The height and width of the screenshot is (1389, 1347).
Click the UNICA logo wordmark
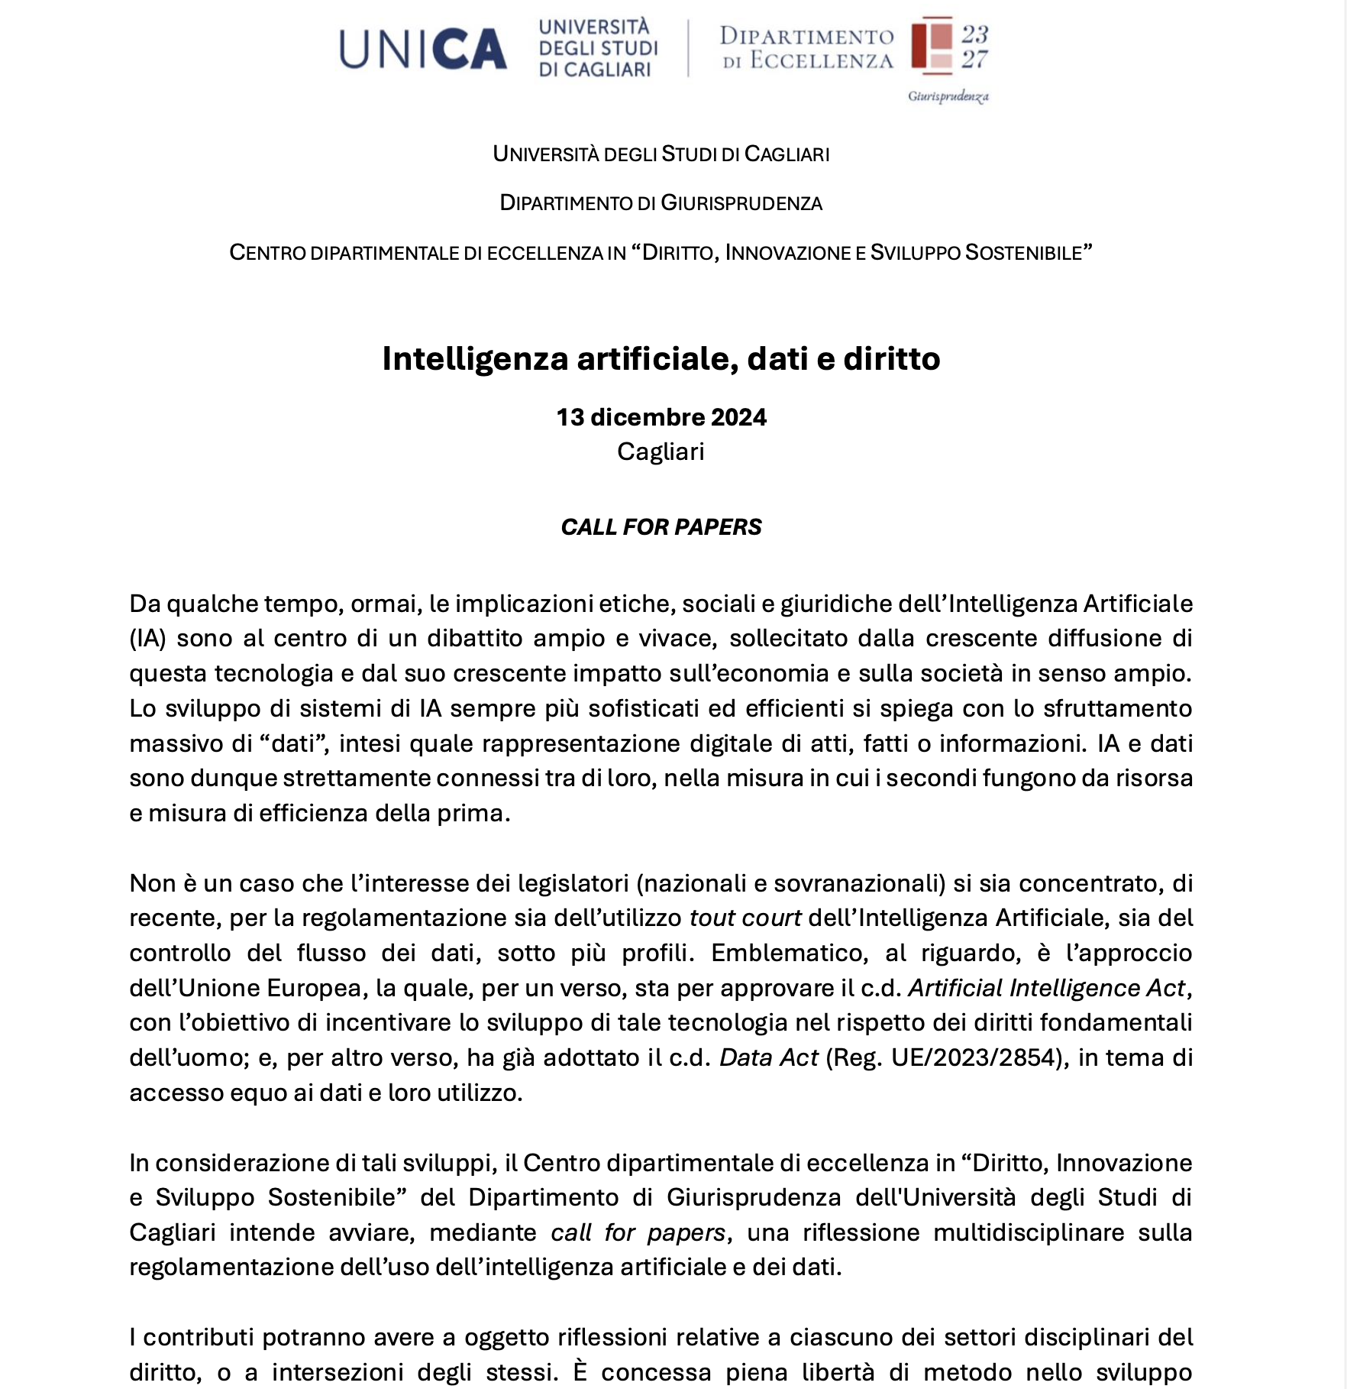(x=422, y=49)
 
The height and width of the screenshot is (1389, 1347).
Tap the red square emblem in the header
(x=932, y=45)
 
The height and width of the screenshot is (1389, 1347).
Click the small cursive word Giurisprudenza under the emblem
(x=948, y=96)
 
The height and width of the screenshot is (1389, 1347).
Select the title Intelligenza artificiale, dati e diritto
(x=661, y=358)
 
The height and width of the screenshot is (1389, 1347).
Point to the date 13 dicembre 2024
(x=661, y=417)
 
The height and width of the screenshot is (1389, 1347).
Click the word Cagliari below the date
(x=661, y=452)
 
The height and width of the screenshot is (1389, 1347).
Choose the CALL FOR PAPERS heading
(x=661, y=526)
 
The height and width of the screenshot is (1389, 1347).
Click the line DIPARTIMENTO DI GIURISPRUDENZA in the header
(x=661, y=203)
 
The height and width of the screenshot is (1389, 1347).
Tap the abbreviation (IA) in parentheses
(x=147, y=639)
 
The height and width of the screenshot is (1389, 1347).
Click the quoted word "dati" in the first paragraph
(x=293, y=743)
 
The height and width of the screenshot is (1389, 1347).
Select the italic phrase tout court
(x=745, y=918)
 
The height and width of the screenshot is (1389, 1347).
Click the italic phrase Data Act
(x=768, y=1057)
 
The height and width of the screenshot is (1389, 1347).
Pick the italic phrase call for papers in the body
(x=638, y=1232)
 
